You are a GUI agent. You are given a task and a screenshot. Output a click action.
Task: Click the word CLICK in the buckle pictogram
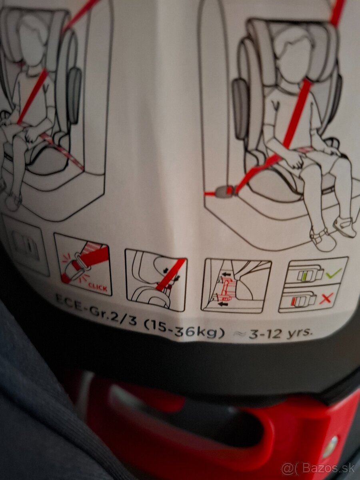click(x=98, y=286)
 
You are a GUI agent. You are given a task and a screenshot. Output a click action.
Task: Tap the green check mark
click(x=333, y=273)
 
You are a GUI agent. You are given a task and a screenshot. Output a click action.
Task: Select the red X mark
click(x=326, y=298)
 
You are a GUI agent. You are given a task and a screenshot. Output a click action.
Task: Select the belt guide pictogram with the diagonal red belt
click(x=156, y=280)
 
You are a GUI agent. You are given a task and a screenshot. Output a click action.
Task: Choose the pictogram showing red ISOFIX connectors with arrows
click(x=236, y=286)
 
